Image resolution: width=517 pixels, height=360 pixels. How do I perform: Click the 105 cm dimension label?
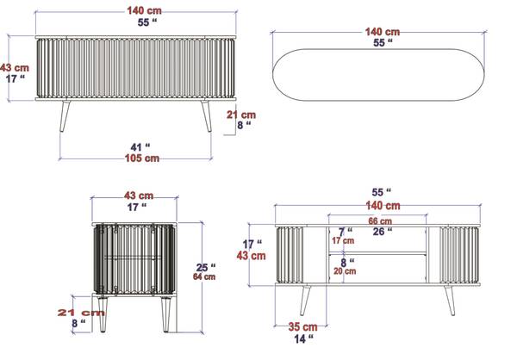(142, 158)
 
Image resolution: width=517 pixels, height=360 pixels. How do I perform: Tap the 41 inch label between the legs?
(140, 147)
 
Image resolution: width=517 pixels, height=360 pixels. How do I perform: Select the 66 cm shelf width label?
(380, 220)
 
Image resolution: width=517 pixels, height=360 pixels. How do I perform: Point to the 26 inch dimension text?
(383, 232)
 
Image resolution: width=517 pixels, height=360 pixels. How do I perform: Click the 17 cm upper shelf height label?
(343, 240)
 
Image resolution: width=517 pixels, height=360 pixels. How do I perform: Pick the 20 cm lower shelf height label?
(345, 271)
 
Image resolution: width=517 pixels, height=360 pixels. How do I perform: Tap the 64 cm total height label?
(204, 276)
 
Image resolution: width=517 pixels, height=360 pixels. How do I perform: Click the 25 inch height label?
(206, 267)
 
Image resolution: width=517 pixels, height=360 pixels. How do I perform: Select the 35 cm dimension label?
(303, 326)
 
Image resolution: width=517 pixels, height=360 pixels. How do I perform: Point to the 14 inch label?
(303, 338)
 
